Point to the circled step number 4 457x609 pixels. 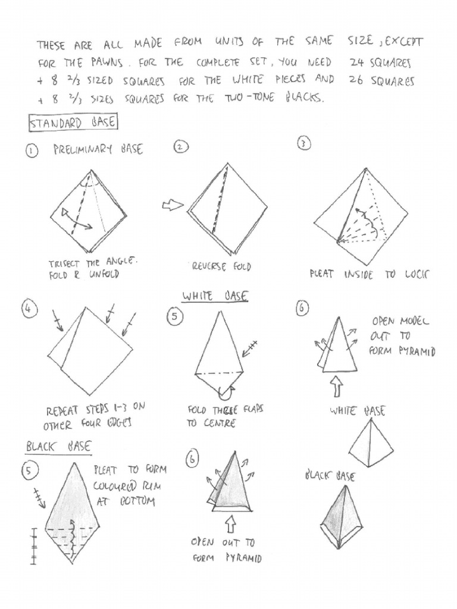point(28,309)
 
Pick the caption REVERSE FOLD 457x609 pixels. point(221,266)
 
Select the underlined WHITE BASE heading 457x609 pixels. point(215,296)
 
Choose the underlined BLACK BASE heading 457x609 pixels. point(58,446)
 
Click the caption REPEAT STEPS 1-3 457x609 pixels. point(95,416)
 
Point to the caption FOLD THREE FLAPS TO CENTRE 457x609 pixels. point(225,416)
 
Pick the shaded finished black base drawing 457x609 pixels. point(342,519)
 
